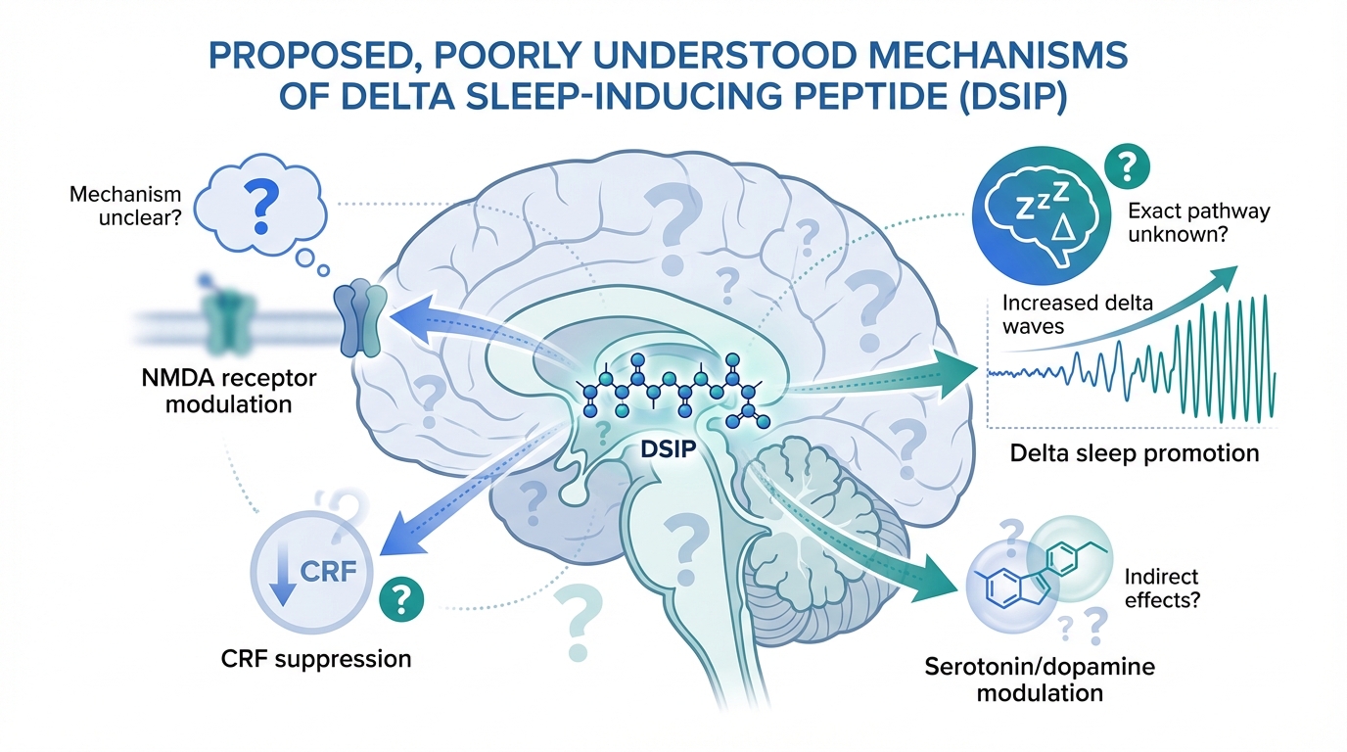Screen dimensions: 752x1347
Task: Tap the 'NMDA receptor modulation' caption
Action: point(228,390)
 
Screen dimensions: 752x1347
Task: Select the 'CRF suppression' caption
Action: point(315,657)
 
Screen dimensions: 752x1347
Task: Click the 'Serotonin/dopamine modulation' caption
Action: point(1040,680)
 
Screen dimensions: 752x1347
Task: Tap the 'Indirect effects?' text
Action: point(1162,588)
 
